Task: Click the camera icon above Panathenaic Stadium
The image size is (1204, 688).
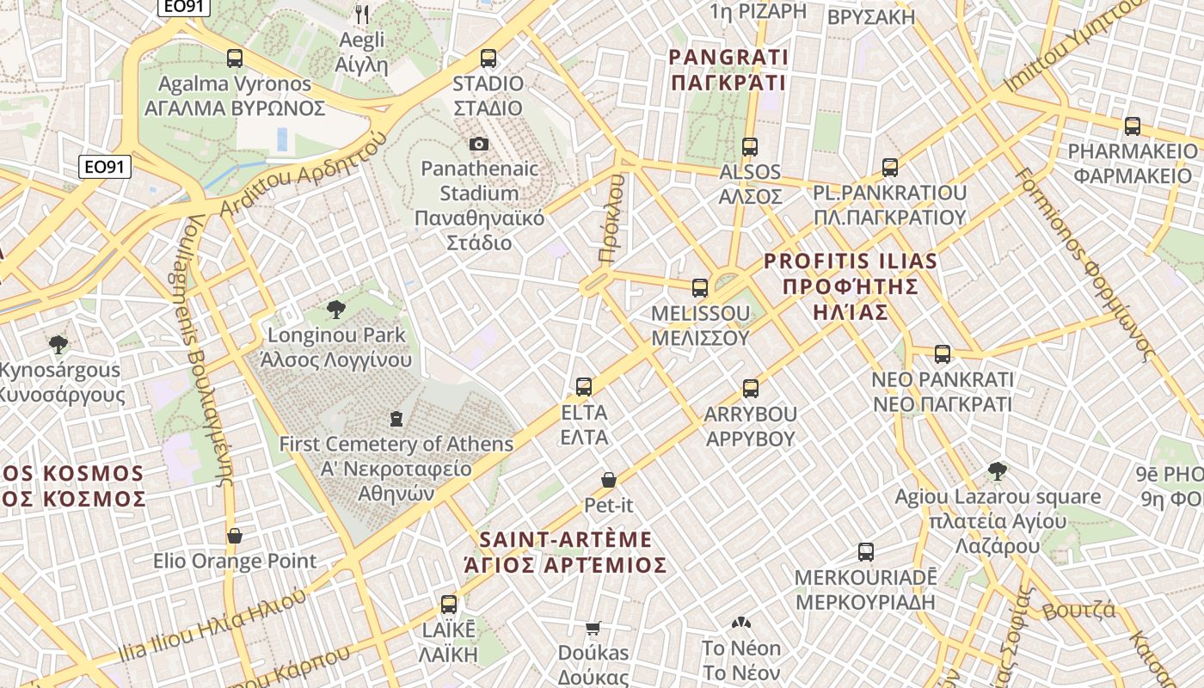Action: tap(478, 144)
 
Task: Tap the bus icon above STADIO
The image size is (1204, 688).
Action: tap(488, 58)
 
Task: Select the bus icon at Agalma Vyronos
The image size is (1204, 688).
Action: tap(234, 58)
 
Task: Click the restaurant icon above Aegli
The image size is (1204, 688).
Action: tap(362, 14)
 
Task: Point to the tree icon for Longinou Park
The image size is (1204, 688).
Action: tap(336, 310)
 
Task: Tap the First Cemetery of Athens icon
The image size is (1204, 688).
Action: tap(396, 419)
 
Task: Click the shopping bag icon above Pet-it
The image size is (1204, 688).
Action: tap(608, 480)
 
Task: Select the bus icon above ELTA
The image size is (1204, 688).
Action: tap(584, 387)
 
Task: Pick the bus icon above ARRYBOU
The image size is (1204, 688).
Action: tap(751, 389)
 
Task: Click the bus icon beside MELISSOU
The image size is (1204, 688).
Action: tap(700, 288)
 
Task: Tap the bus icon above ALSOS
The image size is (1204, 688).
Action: tap(750, 147)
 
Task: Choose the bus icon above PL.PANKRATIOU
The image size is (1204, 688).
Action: tap(890, 168)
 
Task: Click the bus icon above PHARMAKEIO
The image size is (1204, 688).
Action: tap(1133, 126)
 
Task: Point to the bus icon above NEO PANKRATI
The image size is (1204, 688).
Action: tap(943, 354)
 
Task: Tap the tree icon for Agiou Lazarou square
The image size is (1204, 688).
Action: tap(998, 471)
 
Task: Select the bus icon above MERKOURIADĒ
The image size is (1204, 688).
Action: tap(866, 552)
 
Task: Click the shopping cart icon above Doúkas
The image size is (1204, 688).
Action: tap(593, 628)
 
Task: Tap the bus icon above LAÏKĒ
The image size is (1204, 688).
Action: tap(448, 605)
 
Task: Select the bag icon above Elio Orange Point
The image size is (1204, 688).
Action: tap(234, 536)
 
